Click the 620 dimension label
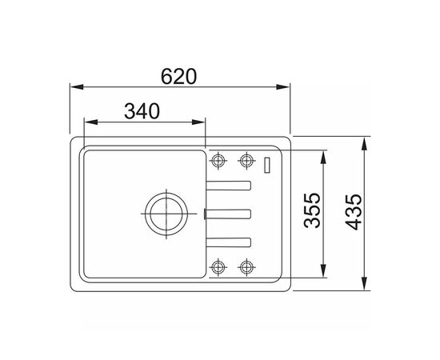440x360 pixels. point(178,76)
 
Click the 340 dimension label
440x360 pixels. point(142,111)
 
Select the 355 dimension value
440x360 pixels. point(312,210)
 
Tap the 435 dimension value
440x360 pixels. point(354,212)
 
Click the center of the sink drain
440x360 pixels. point(166,214)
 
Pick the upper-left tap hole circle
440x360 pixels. point(218,161)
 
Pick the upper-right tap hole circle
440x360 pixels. point(246,161)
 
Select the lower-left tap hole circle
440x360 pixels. point(218,267)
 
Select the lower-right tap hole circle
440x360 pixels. point(246,267)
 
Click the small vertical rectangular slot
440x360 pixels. point(268,165)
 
